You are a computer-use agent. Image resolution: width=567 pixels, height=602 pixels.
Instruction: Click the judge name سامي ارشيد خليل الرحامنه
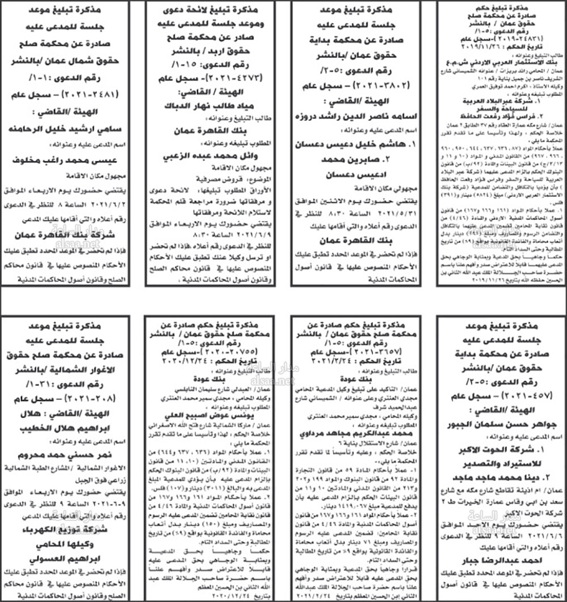[66, 129]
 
